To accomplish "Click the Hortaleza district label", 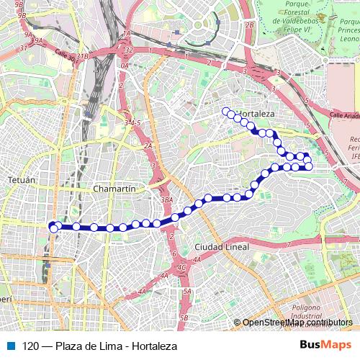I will coord(256,114).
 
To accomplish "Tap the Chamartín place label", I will coord(115,189).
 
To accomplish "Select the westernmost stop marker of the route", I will coord(53,228).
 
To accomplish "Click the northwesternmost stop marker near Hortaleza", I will coord(225,111).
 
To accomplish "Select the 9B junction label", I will coord(19,14).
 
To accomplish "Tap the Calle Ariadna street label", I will coord(345,114).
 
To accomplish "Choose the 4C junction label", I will coord(181,267).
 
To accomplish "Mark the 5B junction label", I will coord(184,318).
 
